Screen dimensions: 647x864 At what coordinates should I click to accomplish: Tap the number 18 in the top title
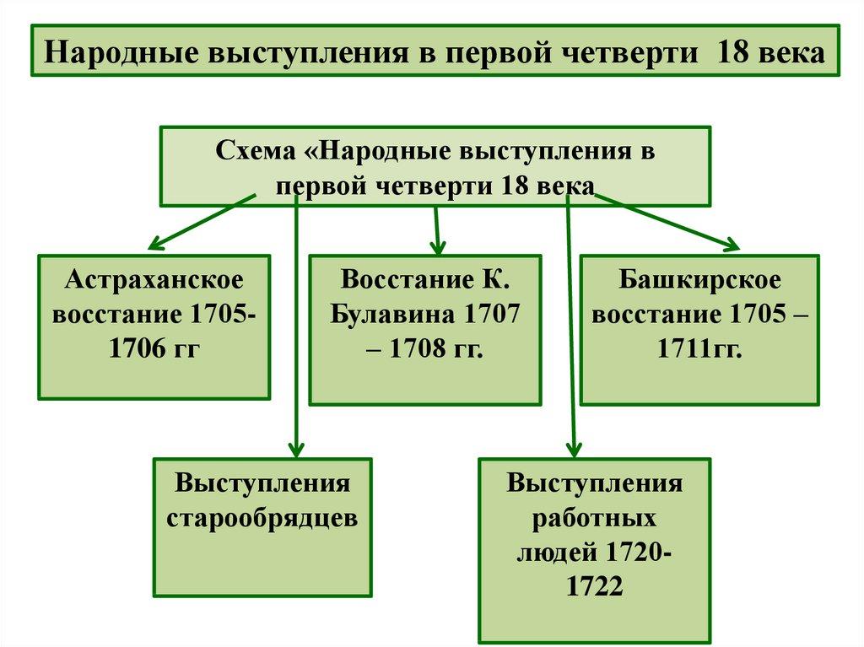tap(732, 51)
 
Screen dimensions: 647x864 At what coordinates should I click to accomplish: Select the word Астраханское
tap(154, 279)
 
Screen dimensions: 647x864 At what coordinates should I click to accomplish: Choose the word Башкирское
tap(699, 279)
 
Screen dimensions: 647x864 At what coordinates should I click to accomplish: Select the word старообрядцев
tap(262, 517)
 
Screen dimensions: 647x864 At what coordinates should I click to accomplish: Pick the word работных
tap(594, 517)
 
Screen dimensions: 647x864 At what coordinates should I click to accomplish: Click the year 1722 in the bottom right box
tap(594, 585)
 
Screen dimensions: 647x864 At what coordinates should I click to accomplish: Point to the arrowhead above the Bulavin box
tap(437, 247)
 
